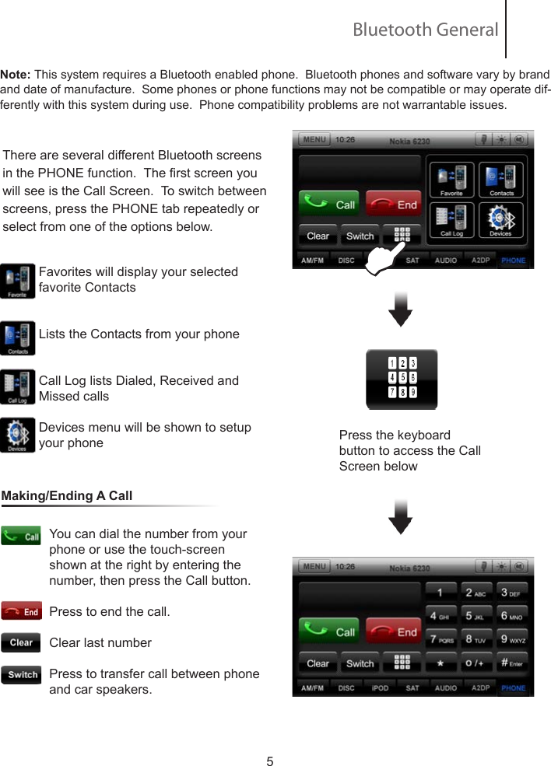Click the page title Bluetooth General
point(425,30)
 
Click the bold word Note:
point(16,75)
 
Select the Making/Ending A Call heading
point(67,496)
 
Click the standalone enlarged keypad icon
point(402,379)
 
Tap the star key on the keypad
point(441,663)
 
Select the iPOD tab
point(380,688)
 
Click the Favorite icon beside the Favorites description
point(18,281)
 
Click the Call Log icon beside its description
point(18,387)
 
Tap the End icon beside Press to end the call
point(21,612)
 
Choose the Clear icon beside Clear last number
point(21,643)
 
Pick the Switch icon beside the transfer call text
point(21,674)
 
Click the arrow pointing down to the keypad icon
point(400,309)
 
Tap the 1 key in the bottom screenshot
point(441,592)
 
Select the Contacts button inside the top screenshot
point(500,180)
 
